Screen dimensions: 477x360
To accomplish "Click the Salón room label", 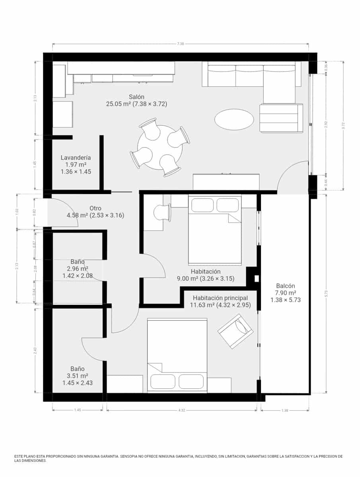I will [136, 97].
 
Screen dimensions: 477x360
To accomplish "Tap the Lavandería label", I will [76, 158].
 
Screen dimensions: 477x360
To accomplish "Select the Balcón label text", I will [286, 286].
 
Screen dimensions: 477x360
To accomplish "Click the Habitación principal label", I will [220, 298].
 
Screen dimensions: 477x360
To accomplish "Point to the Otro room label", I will [95, 208].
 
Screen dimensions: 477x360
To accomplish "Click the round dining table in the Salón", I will [160, 147].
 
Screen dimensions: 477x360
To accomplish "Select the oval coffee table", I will [234, 119].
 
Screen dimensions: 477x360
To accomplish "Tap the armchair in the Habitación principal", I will [235, 331].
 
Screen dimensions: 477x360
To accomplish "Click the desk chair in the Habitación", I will [163, 212].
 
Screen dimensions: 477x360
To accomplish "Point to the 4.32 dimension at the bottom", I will [181, 410].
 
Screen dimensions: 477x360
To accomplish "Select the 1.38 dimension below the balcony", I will [285, 410].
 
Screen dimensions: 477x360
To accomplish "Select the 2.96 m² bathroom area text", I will [78, 269].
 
